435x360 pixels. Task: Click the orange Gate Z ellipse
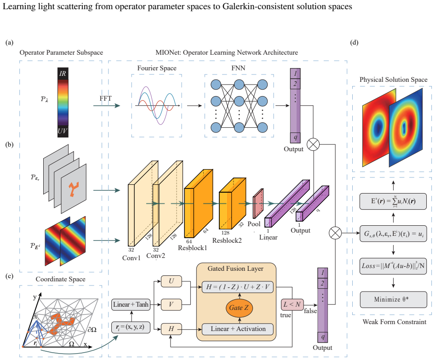[x=239, y=308]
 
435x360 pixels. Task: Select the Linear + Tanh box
[x=131, y=304]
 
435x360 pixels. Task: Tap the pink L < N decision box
[x=292, y=304]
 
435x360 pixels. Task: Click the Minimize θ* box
[x=393, y=299]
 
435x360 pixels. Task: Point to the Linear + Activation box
[x=238, y=329]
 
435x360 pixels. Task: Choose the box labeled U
[x=172, y=281]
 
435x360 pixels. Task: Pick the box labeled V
[x=172, y=304]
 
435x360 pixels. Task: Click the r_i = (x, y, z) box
[x=131, y=327]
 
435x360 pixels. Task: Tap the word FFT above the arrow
[x=105, y=98]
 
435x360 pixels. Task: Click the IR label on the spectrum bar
[x=63, y=74]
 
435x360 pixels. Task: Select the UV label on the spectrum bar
[x=63, y=131]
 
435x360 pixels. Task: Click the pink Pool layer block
[x=258, y=203]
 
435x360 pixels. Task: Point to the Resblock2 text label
[x=227, y=240]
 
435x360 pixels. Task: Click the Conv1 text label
[x=131, y=258]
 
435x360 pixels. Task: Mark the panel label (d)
[x=354, y=42]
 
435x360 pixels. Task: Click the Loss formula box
[x=393, y=266]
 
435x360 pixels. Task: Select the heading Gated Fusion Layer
[x=235, y=269]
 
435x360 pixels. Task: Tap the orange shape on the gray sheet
[x=74, y=189]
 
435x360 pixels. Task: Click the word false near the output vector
[x=310, y=311]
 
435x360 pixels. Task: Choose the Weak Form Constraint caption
[x=395, y=322]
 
